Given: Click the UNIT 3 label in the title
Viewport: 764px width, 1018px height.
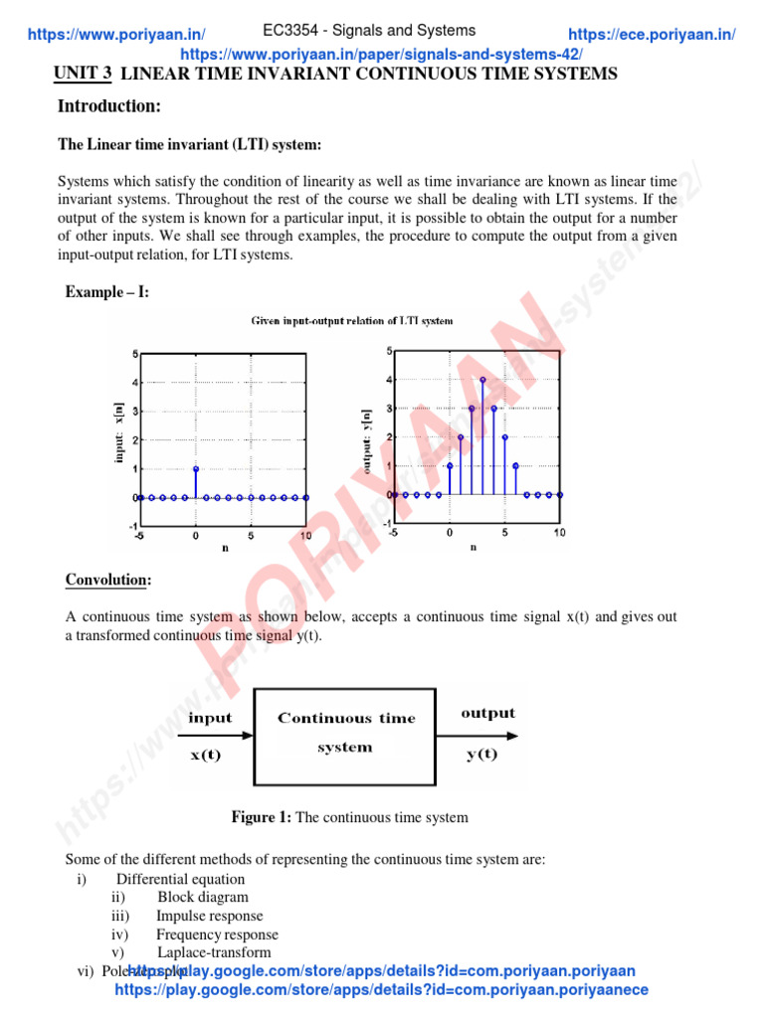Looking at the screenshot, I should click(82, 75).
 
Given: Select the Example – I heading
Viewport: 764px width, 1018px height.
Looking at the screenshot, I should click(107, 292).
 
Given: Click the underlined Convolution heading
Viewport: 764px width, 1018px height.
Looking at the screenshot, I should click(109, 580).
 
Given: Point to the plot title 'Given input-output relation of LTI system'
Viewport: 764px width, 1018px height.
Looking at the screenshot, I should click(352, 321).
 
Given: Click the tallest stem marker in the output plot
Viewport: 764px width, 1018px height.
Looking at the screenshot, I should click(482, 380).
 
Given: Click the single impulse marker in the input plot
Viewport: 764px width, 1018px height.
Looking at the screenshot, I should click(196, 468).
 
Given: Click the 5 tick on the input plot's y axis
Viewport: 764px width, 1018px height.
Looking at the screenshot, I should click(135, 354).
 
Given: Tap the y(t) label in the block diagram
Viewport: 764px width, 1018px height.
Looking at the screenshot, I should click(482, 755).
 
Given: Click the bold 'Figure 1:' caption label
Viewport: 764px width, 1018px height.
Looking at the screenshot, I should click(262, 817).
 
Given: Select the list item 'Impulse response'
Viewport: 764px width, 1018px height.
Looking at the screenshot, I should click(210, 916).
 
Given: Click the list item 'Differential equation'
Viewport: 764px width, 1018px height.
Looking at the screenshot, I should click(180, 879).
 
